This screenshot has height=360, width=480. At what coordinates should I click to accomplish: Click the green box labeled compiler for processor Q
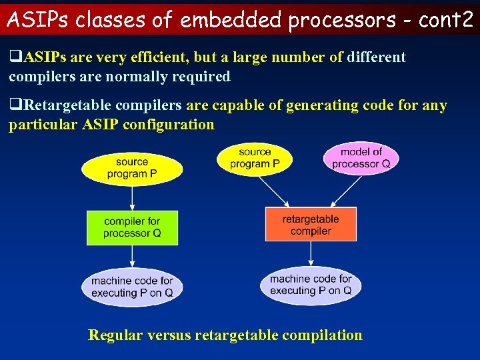pos(132,227)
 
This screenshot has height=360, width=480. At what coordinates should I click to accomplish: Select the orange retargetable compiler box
pos(311,225)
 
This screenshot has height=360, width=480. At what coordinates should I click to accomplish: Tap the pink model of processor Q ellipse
pos(361,158)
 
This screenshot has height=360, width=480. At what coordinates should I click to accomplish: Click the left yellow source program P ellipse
pos(132,168)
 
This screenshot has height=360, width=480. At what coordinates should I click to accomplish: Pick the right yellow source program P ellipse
pos(255,158)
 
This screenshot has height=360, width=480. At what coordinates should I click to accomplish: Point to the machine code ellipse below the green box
pos(132,287)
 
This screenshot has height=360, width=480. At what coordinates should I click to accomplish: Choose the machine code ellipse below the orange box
pos(311,285)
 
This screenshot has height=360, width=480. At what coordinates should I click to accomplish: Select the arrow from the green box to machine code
pos(132,257)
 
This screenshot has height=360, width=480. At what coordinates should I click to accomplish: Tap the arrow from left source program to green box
pos(132,197)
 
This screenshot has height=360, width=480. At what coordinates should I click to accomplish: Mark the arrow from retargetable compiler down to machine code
pos(311,254)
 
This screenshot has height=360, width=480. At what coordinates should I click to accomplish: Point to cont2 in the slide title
pos(445,20)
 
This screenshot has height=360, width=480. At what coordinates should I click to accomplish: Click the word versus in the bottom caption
pos(168,335)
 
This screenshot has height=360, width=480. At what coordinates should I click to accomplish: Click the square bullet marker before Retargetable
pos(14,106)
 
